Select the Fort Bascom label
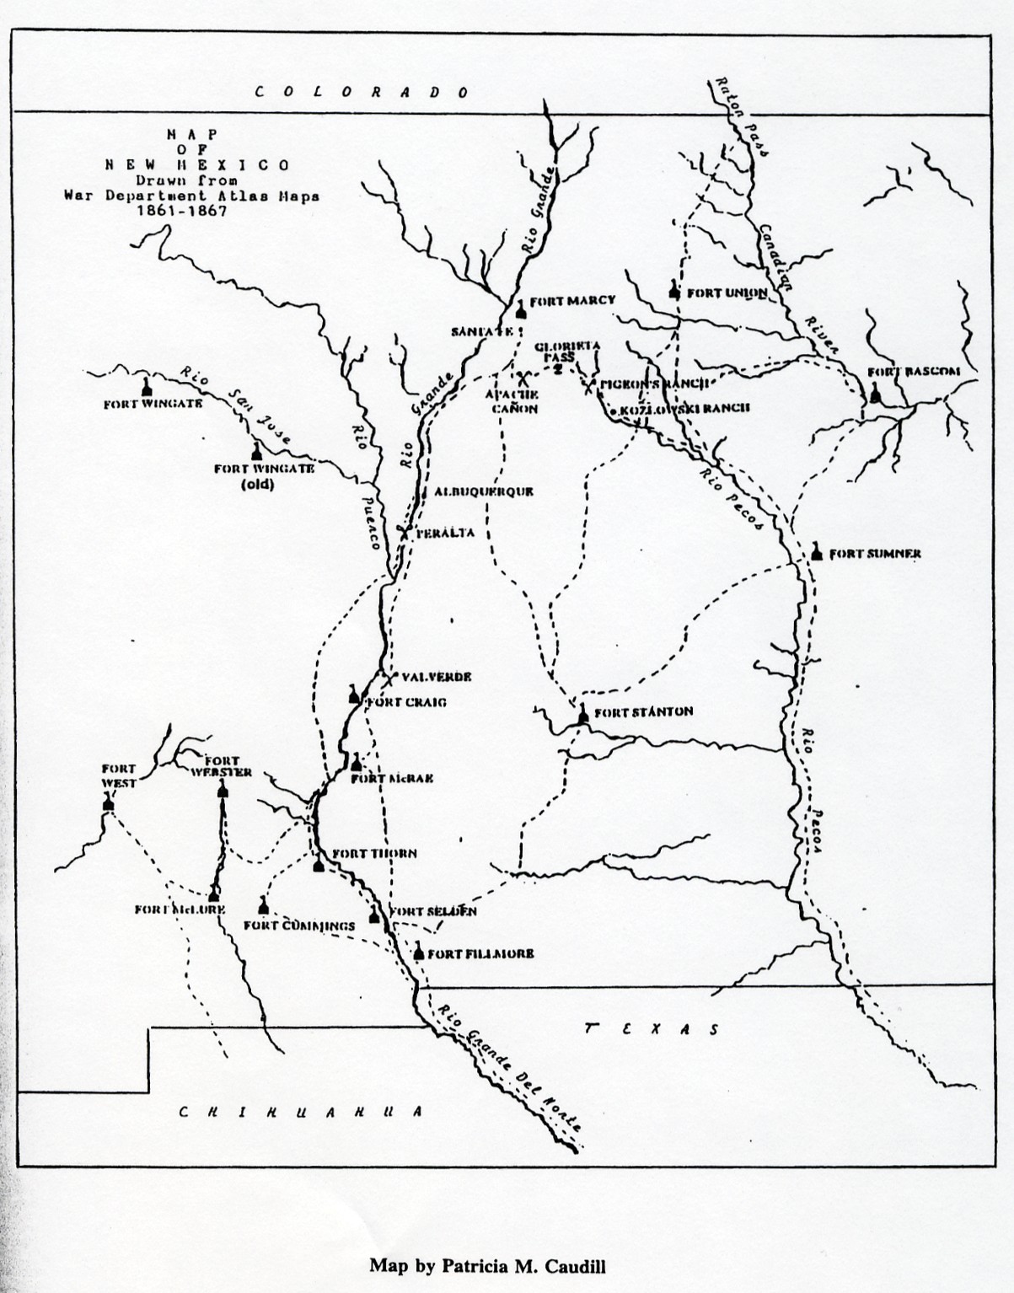coord(914,371)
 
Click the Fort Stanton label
coord(644,711)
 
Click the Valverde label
coord(437,677)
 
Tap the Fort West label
coord(119,775)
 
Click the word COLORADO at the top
coord(362,92)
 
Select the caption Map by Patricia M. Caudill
coord(487,1265)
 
